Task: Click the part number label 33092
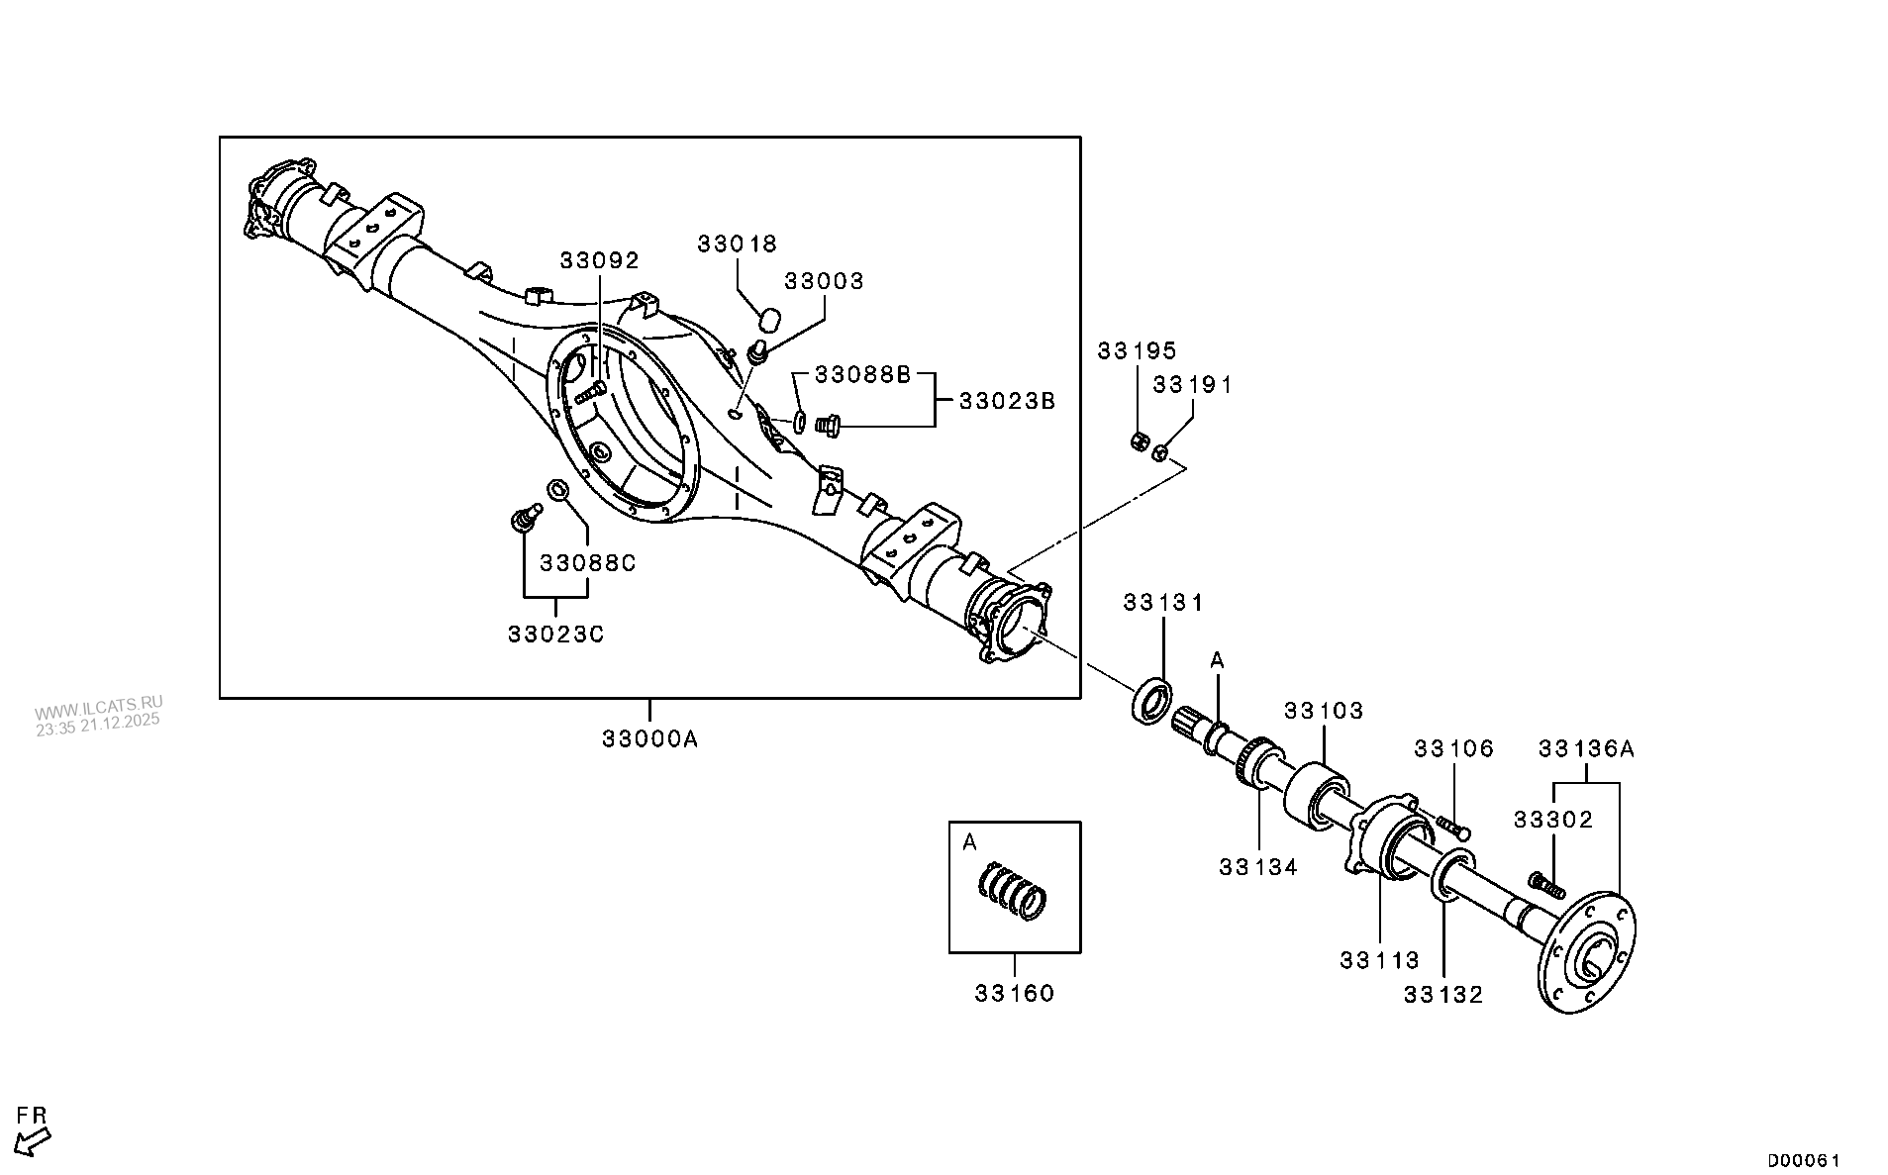599,260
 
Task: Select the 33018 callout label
737,244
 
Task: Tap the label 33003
824,281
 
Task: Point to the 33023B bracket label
1007,401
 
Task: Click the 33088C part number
587,563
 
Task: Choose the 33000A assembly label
649,738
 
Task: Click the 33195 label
1137,350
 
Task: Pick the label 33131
1162,603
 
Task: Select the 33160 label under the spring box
1014,993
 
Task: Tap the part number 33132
1443,995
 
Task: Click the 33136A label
1586,749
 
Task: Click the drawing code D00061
1804,1160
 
